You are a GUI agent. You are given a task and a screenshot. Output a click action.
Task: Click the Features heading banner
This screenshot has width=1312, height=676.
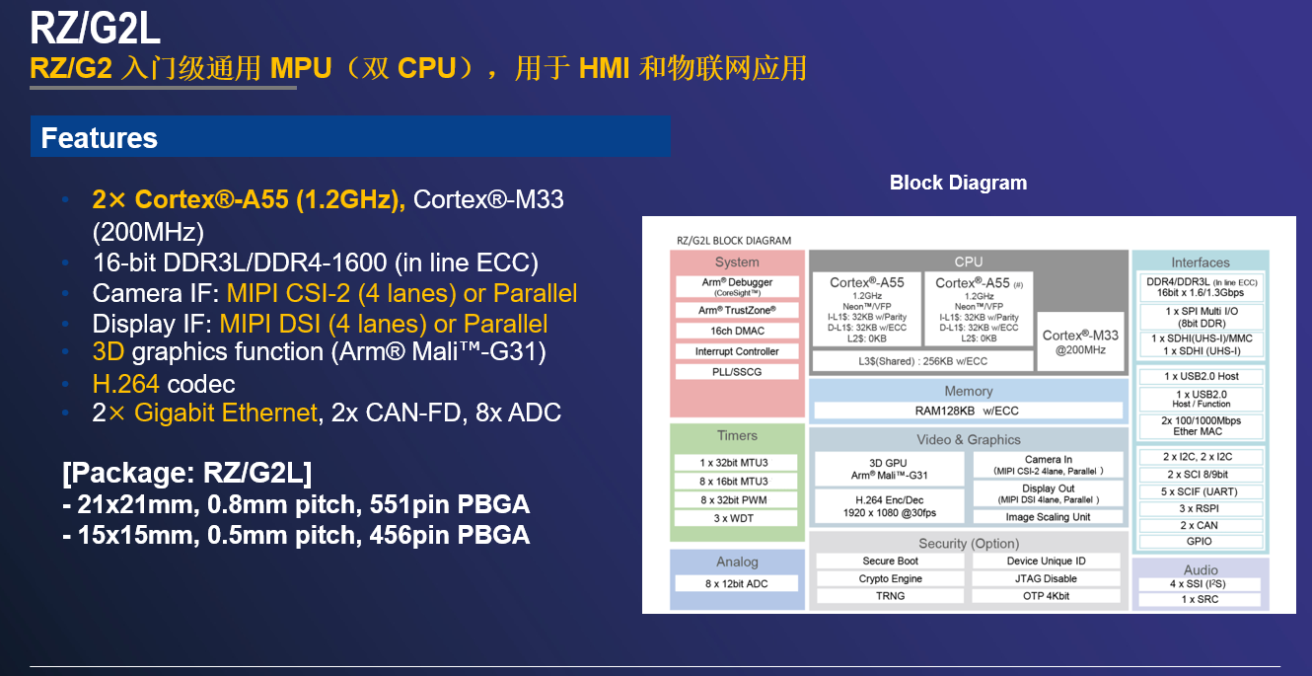(x=350, y=136)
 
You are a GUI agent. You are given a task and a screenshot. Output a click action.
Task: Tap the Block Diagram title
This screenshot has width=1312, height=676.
(x=958, y=183)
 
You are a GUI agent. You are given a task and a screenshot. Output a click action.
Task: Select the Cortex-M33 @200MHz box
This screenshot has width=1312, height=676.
(x=1080, y=341)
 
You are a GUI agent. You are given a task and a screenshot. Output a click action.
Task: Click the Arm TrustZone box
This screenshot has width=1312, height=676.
(x=737, y=310)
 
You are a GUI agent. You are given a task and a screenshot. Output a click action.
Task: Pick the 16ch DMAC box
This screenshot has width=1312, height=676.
(x=737, y=331)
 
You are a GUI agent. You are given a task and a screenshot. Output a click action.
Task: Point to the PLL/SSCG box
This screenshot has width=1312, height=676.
(x=737, y=372)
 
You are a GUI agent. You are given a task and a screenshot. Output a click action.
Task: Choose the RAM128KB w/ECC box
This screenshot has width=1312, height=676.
(x=968, y=411)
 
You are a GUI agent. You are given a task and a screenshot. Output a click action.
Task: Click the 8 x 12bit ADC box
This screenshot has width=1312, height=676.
(x=736, y=583)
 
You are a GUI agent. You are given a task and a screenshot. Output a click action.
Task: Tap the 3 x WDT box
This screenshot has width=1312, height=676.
(x=735, y=518)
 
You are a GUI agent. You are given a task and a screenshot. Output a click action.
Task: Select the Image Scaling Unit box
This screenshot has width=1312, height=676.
(x=1048, y=517)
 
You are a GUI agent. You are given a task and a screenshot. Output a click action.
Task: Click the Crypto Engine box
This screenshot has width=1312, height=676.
(x=890, y=578)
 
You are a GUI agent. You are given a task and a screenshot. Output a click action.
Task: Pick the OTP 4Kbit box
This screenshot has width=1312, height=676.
(x=1046, y=596)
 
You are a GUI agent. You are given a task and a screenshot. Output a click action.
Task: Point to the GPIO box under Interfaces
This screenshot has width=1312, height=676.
(x=1200, y=541)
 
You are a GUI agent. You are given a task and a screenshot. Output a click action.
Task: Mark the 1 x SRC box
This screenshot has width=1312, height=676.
(x=1200, y=599)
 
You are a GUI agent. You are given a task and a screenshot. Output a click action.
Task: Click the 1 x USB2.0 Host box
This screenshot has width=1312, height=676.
(x=1201, y=376)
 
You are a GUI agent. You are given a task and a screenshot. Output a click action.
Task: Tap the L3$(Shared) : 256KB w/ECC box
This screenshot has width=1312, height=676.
(x=922, y=361)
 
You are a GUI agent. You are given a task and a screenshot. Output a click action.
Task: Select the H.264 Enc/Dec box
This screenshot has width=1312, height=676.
(x=889, y=506)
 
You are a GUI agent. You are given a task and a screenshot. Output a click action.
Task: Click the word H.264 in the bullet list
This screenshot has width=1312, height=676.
(x=125, y=384)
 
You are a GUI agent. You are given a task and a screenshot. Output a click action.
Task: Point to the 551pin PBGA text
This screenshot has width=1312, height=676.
(x=449, y=504)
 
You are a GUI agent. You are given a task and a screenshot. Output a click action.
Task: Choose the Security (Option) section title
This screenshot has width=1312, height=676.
(x=969, y=544)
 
